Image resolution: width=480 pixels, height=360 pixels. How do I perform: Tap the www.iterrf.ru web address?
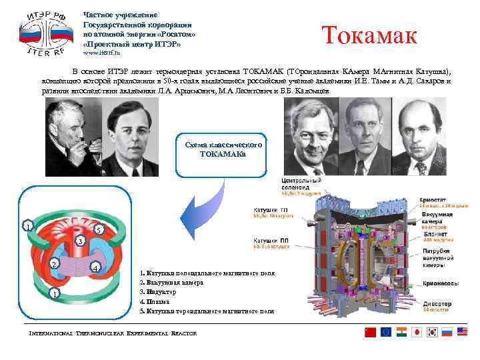[101, 52]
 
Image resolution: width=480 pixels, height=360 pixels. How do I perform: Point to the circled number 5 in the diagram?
[97, 230]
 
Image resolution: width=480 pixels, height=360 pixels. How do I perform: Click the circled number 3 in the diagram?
[79, 241]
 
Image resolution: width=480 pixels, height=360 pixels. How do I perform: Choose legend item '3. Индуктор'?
[158, 292]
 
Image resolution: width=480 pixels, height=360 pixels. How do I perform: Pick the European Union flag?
[385, 332]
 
